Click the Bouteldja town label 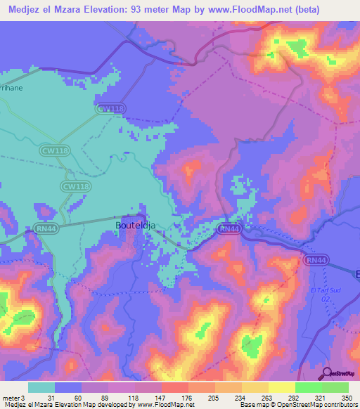tap(131, 226)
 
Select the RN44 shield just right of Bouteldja tap(229, 229)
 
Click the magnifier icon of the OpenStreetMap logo tap(326, 373)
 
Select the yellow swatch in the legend tap(281, 387)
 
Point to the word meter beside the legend tap(12, 399)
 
